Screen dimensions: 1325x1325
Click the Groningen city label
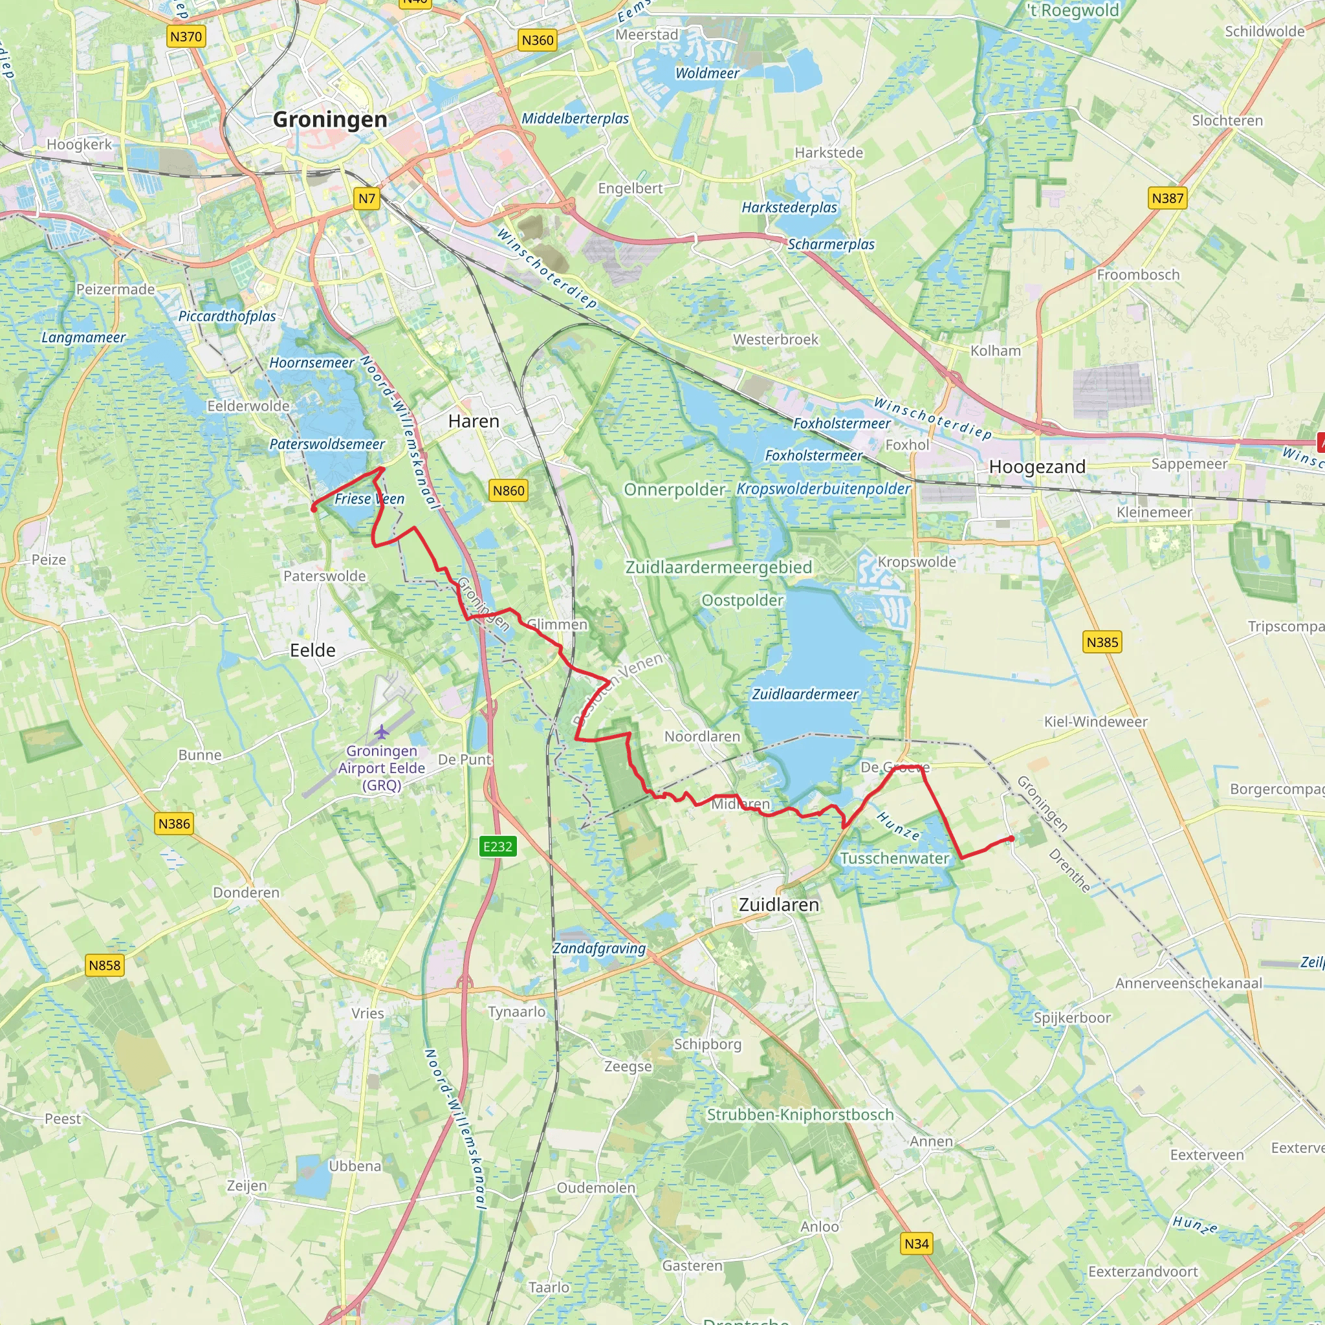pyautogui.click(x=330, y=119)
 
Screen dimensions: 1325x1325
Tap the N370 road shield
pyautogui.click(x=186, y=36)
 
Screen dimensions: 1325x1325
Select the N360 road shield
pyautogui.click(x=537, y=41)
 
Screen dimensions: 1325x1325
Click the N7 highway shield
pyautogui.click(x=367, y=199)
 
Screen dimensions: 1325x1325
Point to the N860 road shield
pyautogui.click(x=508, y=490)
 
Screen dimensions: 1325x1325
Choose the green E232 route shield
pyautogui.click(x=498, y=846)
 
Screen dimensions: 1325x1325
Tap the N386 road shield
pyautogui.click(x=174, y=824)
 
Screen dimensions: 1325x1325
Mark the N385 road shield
pyautogui.click(x=1102, y=642)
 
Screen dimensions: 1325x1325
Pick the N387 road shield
pyautogui.click(x=1167, y=198)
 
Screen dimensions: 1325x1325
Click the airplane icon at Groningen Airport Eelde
pyautogui.click(x=382, y=732)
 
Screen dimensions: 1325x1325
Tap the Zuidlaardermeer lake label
pyautogui.click(x=805, y=694)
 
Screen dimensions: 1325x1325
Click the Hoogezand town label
pyautogui.click(x=1037, y=467)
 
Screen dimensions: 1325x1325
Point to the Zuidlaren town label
pyautogui.click(x=778, y=904)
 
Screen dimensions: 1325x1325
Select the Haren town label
pyautogui.click(x=473, y=421)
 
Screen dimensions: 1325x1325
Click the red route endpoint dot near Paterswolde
pyautogui.click(x=314, y=509)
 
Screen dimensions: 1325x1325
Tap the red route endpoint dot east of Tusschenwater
pyautogui.click(x=1012, y=838)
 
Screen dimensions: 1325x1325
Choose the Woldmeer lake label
pyautogui.click(x=707, y=73)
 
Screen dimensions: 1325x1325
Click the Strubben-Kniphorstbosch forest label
pyautogui.click(x=800, y=1115)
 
